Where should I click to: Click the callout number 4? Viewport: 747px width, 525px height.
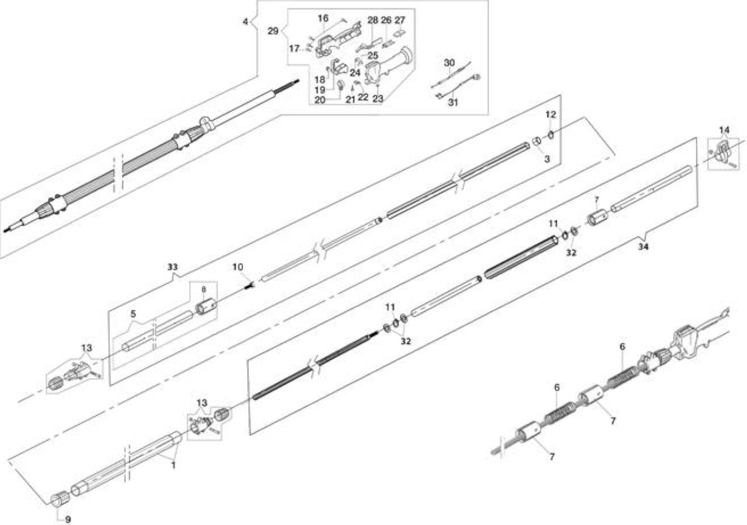pos(245,22)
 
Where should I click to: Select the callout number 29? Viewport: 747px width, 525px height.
pos(273,31)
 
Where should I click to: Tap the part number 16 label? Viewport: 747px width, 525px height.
pos(323,18)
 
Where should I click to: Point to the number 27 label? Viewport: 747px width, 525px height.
pos(400,20)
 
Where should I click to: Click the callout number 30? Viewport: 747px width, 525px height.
pos(449,62)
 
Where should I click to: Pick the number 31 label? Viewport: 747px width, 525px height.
pos(452,102)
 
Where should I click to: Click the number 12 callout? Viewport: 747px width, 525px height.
pos(550,114)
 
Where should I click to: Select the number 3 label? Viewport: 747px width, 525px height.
pos(547,159)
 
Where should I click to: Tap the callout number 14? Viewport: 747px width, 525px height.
pos(724,129)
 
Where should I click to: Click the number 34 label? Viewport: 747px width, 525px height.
pos(643,247)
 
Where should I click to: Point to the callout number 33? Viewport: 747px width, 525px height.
pos(172,267)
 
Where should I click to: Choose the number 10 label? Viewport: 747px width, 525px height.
pos(238,267)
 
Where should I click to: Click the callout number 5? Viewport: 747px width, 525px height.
pos(133,314)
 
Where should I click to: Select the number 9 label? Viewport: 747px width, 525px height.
pos(68,519)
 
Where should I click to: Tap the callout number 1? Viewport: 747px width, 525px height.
pos(173,465)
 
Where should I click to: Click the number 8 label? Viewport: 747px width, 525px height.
pos(204,289)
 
